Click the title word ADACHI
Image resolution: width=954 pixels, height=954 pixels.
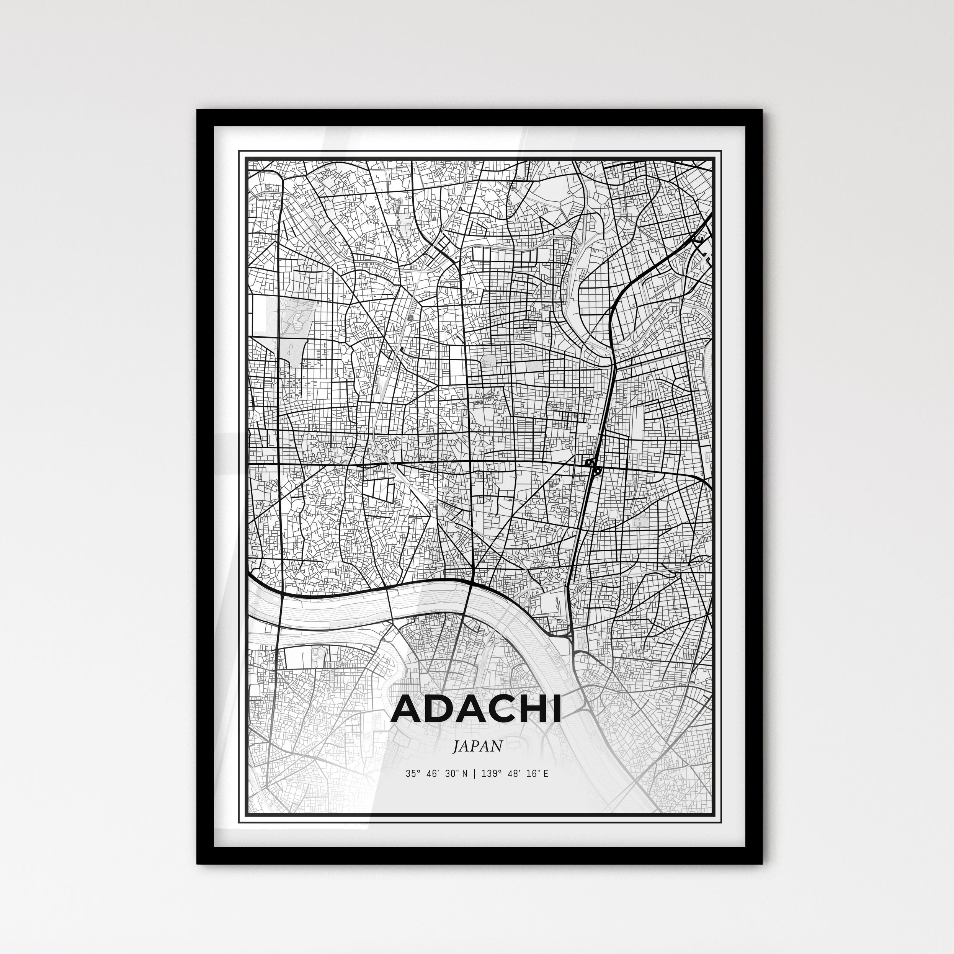coord(476,710)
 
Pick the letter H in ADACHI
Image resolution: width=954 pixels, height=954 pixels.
coord(534,710)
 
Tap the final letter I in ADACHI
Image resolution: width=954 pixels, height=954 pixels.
coord(557,710)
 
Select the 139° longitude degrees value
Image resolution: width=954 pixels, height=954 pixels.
coord(491,774)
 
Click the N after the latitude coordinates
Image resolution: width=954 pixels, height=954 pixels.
coord(463,774)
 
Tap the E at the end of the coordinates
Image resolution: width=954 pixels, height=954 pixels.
coord(545,774)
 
